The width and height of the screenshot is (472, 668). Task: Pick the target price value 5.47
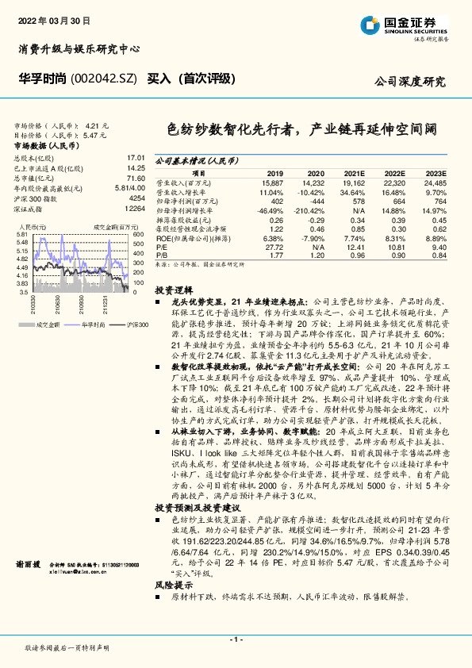coord(93,136)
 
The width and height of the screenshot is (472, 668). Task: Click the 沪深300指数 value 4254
coord(136,198)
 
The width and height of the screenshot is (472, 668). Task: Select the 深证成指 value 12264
coord(134,207)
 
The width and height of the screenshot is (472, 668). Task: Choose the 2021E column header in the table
coord(353,173)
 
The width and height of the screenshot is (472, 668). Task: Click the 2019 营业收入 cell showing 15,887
coord(272,182)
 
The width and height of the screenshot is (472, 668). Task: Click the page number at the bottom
coord(236,639)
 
